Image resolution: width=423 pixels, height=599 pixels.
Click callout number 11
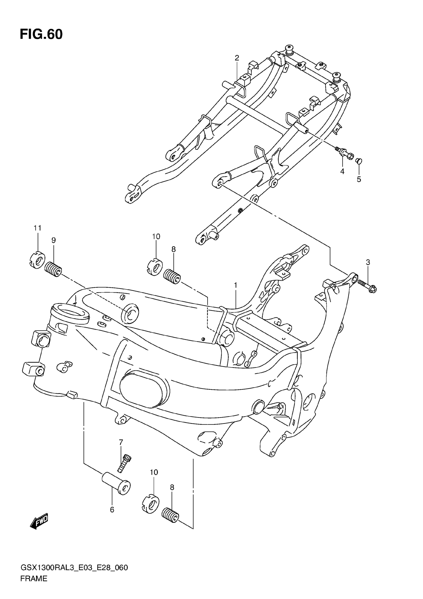coord(38,228)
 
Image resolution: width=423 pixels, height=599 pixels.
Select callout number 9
coord(53,240)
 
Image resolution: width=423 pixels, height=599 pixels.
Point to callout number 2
coord(237,58)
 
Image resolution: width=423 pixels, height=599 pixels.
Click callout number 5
coord(359,179)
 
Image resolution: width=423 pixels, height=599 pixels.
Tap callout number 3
coord(368,262)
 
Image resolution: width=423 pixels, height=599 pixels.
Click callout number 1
coord(235,285)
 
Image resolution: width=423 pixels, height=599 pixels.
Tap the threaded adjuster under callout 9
coord(53,270)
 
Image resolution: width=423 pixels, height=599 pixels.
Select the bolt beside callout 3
coord(367,286)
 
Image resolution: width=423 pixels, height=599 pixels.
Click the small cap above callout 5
coord(359,161)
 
